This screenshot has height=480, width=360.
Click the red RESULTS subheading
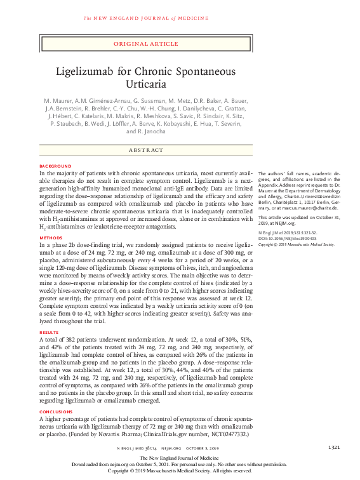point(48,331)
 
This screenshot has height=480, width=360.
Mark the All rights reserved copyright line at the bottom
point(180,471)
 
